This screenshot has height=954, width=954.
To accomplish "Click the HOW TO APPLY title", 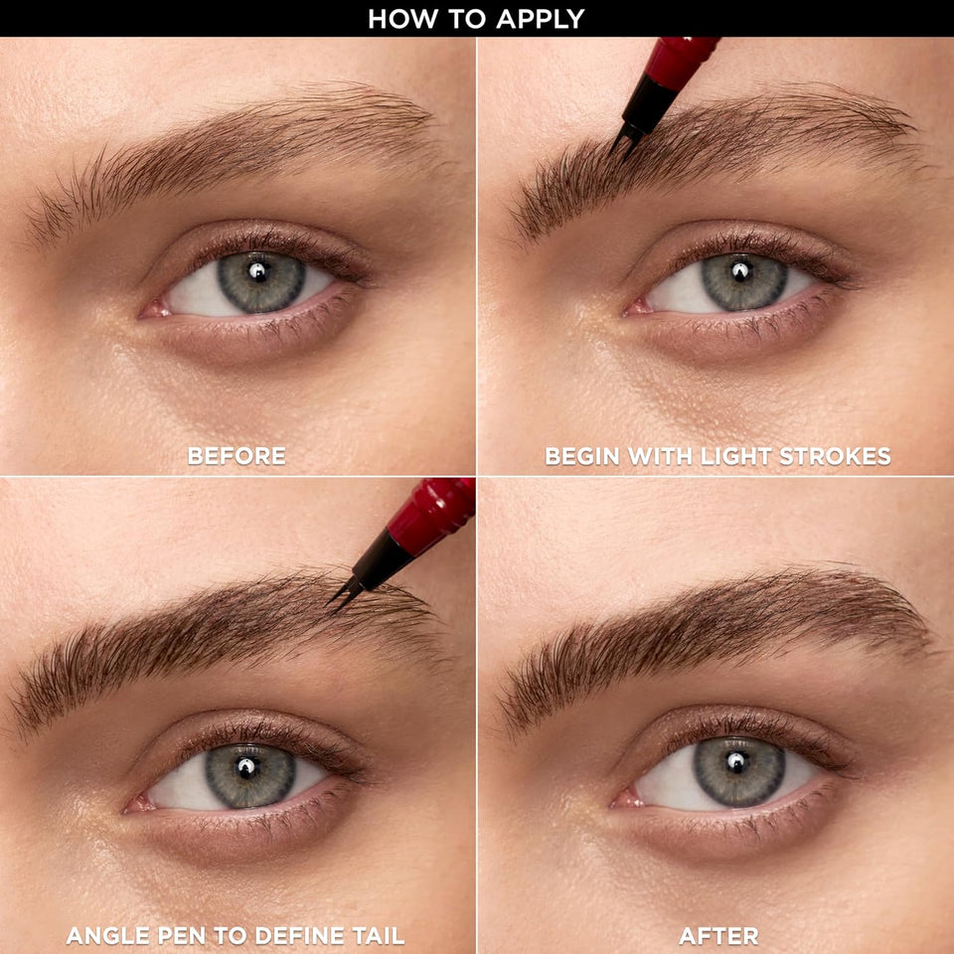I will [476, 18].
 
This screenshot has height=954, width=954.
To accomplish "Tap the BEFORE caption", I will [237, 456].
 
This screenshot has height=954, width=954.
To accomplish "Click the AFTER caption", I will [718, 935].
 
